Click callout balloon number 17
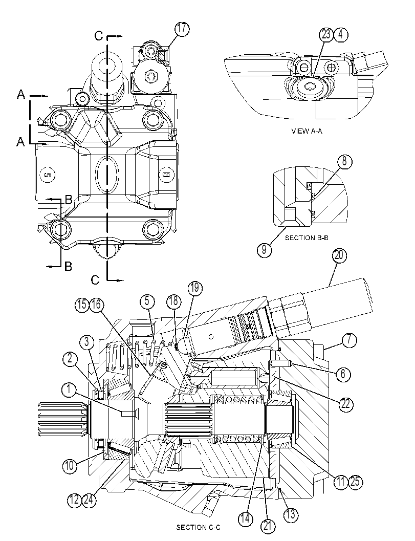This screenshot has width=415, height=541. [x=182, y=29]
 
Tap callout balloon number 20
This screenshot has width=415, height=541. [x=339, y=256]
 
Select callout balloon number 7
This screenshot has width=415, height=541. [x=350, y=340]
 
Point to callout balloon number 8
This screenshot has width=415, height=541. [x=345, y=162]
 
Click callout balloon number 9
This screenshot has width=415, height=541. [x=264, y=249]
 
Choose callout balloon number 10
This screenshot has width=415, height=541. [x=70, y=466]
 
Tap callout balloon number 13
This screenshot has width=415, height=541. [x=290, y=515]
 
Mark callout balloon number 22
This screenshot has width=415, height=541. [x=345, y=403]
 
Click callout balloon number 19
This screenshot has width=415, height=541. [x=195, y=288]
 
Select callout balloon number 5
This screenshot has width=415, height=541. [x=147, y=301]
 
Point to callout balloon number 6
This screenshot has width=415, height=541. [x=343, y=374]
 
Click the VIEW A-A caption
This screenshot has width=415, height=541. [x=307, y=131]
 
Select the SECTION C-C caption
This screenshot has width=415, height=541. [x=198, y=527]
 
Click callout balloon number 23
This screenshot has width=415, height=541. [x=326, y=34]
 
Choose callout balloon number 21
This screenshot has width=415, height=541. [x=268, y=527]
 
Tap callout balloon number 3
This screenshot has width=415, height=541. [x=87, y=343]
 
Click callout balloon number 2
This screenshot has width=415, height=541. [x=70, y=359]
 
